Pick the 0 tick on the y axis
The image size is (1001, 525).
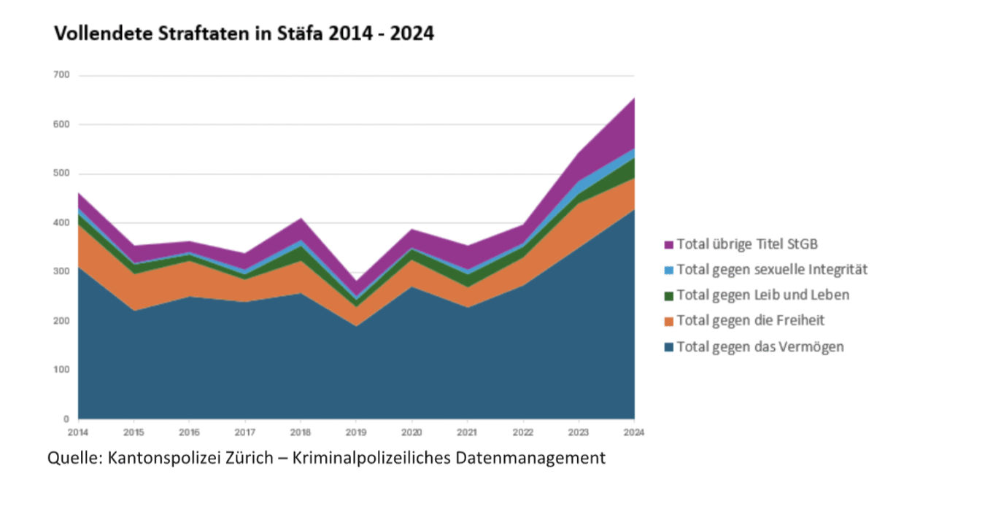click(x=66, y=419)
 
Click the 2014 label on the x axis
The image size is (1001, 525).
click(x=78, y=432)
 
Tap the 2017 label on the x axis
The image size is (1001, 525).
click(x=245, y=432)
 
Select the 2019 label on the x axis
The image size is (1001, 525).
click(x=356, y=432)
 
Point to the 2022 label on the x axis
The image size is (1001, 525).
click(x=523, y=432)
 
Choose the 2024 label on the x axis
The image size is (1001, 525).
click(x=634, y=432)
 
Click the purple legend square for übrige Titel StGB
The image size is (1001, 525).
click(x=668, y=244)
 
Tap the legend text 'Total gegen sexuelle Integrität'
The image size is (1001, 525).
click(x=772, y=270)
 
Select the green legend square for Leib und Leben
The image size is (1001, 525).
click(x=668, y=295)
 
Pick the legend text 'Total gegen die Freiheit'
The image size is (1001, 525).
click(x=750, y=321)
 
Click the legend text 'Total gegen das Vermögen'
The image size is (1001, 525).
click(x=760, y=346)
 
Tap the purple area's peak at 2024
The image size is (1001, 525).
click(x=633, y=99)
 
